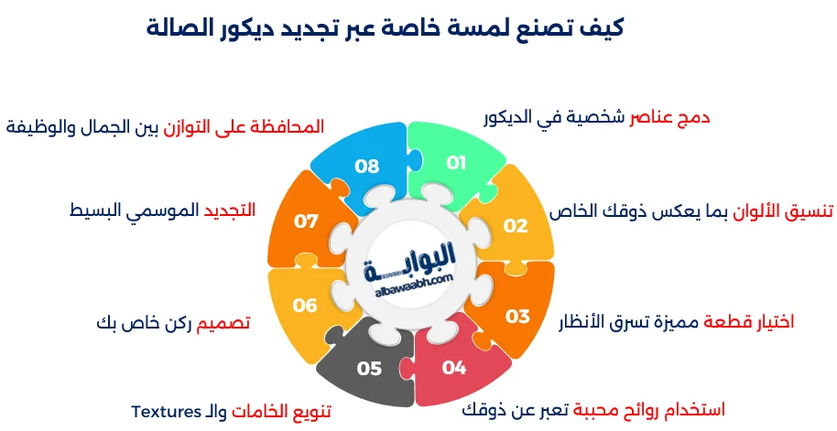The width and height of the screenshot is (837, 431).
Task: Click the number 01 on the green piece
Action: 456,163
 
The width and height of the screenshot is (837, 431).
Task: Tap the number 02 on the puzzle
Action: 516,225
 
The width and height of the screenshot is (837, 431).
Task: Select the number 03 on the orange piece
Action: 517,316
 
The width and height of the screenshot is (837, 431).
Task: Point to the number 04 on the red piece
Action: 454,368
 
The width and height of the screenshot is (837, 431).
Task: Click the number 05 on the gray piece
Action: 369,368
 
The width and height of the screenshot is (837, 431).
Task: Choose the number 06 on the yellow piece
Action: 305,306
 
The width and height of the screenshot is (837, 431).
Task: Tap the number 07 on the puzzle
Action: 306,221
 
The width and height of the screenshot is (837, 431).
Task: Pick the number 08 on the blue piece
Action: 367,166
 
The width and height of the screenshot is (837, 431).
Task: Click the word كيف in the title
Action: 601,27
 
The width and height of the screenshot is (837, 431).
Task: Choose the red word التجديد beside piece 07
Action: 228,210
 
